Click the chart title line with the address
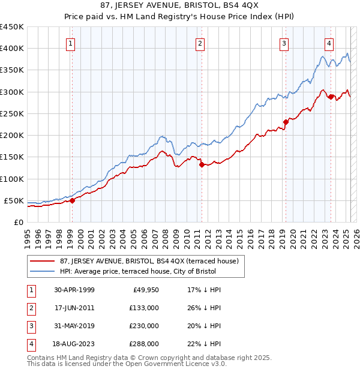click(179, 7)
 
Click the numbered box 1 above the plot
click(71, 43)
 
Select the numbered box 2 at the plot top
click(199, 43)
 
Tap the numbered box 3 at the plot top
click(284, 43)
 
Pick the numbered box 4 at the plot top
click(329, 43)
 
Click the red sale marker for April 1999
click(72, 201)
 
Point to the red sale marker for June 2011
click(202, 164)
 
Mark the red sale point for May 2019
click(286, 122)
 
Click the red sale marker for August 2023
click(331, 97)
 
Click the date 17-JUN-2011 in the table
click(74, 308)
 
